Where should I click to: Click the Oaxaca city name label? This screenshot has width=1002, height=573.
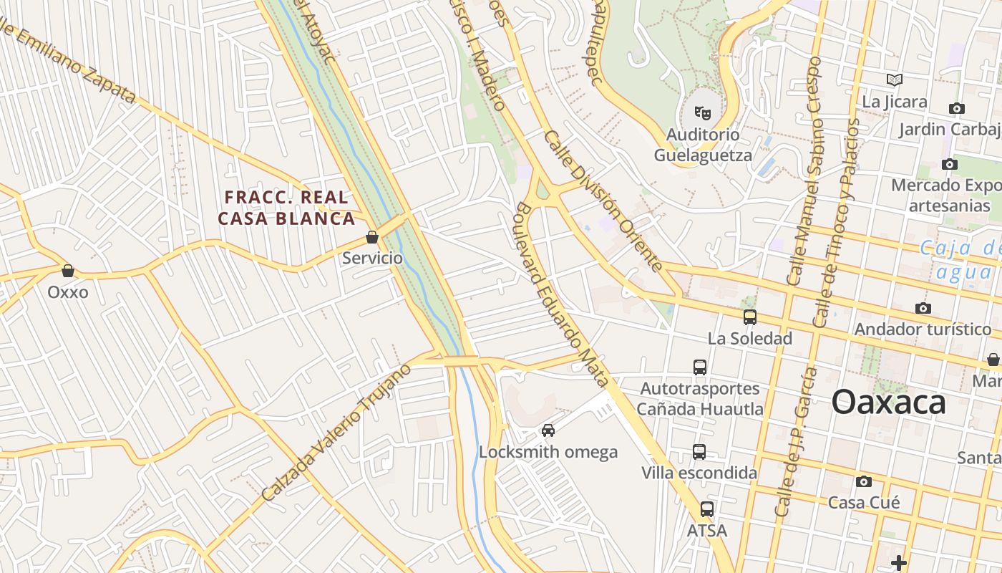pos(888,403)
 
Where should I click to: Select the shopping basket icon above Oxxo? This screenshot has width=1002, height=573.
pos(68,271)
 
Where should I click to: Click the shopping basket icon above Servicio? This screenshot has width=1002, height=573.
pos(372,237)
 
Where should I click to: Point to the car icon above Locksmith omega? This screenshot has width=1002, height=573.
pos(548,430)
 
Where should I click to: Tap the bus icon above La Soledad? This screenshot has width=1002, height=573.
pos(749,317)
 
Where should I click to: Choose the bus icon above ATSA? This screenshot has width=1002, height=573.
pos(707,509)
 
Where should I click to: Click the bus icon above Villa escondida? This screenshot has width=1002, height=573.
pos(699,452)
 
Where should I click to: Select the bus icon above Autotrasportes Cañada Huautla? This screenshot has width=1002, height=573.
pos(700,367)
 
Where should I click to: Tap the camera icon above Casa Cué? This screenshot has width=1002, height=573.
pos(864,481)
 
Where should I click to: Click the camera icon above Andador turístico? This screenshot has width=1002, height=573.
pos(923,308)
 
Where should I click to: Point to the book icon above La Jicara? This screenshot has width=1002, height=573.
pos(894,80)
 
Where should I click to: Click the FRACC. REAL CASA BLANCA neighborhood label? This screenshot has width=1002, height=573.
pos(286,208)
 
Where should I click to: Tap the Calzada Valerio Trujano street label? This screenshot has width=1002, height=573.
pos(336,433)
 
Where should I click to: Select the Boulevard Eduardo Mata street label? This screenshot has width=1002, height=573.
pos(562,294)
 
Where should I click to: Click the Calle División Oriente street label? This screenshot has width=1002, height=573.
pos(603,201)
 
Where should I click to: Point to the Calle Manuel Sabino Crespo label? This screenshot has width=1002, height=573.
pos(805,172)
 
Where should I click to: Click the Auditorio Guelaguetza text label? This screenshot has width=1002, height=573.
pos(703,145)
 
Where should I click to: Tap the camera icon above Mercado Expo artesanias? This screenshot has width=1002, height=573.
pos(950,165)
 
